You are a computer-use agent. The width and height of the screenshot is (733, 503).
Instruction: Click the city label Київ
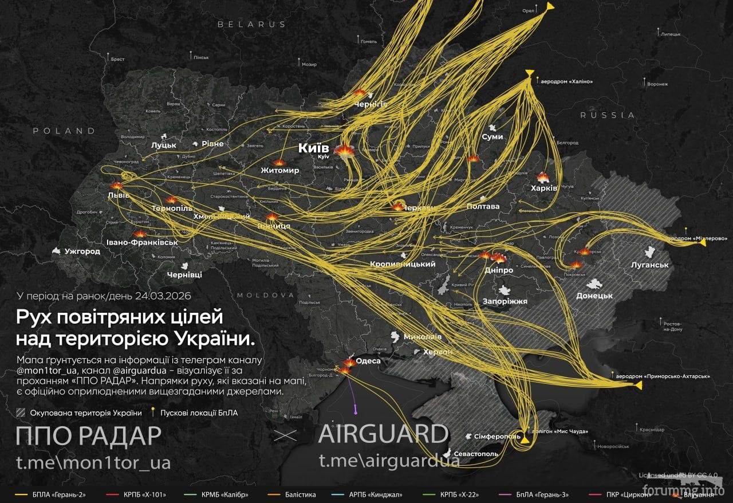point(313,148)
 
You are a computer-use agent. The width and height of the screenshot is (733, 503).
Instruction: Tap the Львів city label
point(119,195)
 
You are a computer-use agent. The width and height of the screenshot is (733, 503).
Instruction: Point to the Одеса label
point(368,361)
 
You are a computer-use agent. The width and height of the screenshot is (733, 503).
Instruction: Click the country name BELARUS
point(251,25)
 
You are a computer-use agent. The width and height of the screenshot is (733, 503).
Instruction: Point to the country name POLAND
point(64,131)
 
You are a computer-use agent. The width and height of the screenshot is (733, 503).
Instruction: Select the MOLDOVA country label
point(265,295)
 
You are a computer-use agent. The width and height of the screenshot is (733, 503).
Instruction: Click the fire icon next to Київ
point(345,151)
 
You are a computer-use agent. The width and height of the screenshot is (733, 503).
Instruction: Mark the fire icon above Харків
point(543,177)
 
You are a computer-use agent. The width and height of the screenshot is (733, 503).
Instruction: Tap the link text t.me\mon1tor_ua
point(93,462)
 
